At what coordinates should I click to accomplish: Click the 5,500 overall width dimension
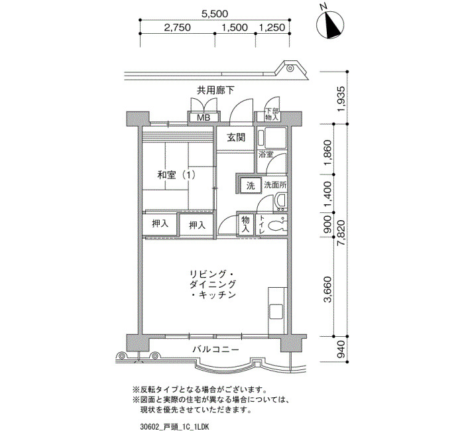click(215, 14)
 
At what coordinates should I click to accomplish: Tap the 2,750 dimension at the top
click(177, 28)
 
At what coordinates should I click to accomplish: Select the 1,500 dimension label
click(235, 28)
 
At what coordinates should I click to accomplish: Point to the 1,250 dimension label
click(272, 28)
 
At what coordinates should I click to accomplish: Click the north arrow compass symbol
click(330, 25)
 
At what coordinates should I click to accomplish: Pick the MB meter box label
click(203, 117)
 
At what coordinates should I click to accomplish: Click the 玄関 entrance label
click(236, 137)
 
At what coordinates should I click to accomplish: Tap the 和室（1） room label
click(176, 175)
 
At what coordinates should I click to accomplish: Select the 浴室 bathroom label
click(266, 154)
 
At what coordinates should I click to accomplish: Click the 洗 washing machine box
click(251, 186)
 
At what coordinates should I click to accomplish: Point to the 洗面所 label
click(275, 185)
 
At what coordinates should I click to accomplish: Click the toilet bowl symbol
click(277, 226)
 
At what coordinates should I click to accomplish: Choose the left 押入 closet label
click(160, 224)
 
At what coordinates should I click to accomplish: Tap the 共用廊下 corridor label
click(215, 90)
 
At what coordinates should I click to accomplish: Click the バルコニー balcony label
click(215, 349)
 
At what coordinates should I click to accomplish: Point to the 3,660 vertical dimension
click(327, 290)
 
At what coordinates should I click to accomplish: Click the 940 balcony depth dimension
click(342, 349)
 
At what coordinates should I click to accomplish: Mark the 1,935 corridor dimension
click(341, 99)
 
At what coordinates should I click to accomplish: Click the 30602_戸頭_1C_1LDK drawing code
click(175, 426)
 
